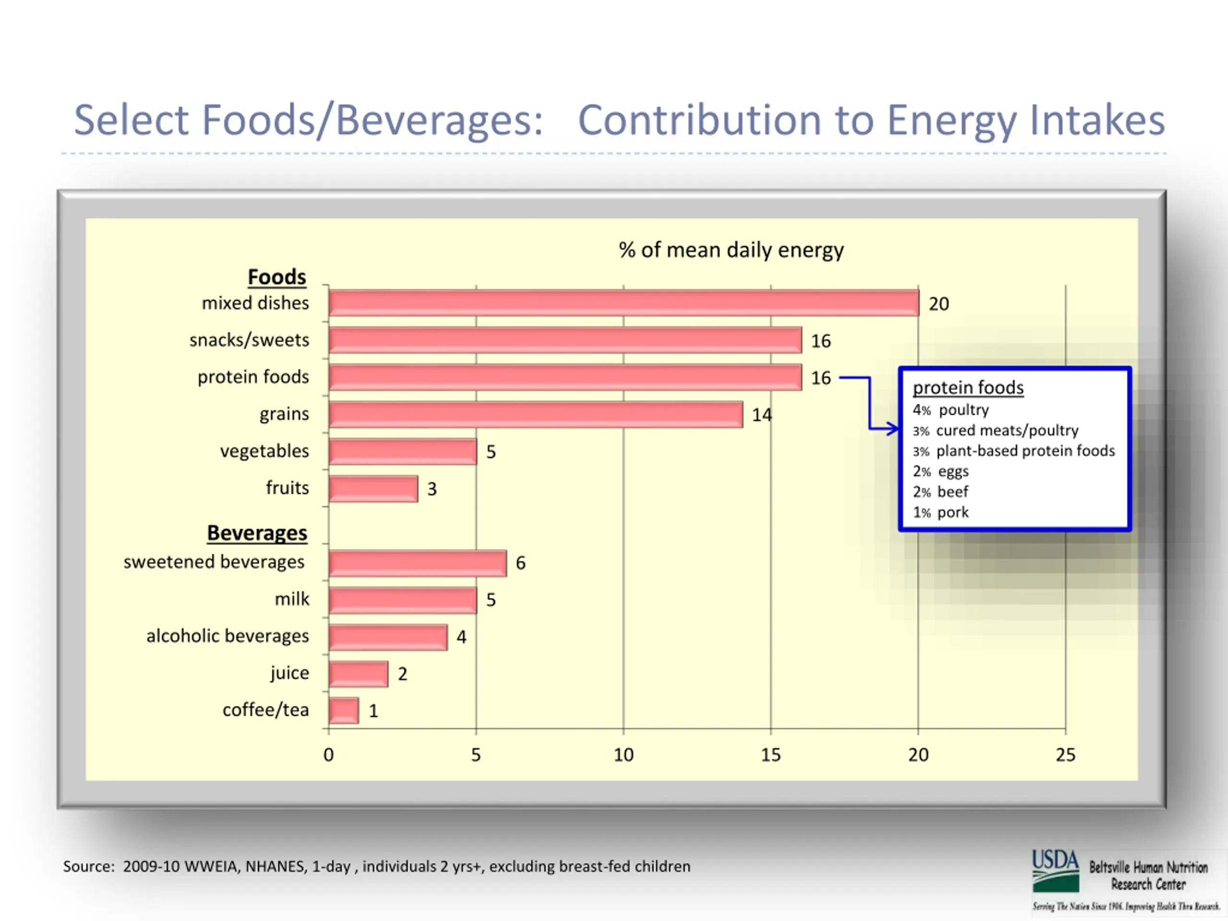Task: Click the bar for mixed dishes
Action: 623,303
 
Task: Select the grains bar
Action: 535,415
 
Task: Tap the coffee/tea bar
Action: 343,710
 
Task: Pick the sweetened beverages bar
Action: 417,563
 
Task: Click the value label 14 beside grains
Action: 761,415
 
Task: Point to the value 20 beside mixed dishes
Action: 938,304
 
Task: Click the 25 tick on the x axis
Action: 1065,755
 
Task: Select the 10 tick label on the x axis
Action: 623,755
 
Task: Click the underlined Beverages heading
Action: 257,533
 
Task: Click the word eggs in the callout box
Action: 953,472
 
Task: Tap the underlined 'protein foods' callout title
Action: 968,388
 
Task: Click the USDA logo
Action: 1055,870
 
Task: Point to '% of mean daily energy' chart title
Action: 731,250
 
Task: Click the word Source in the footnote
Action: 88,867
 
